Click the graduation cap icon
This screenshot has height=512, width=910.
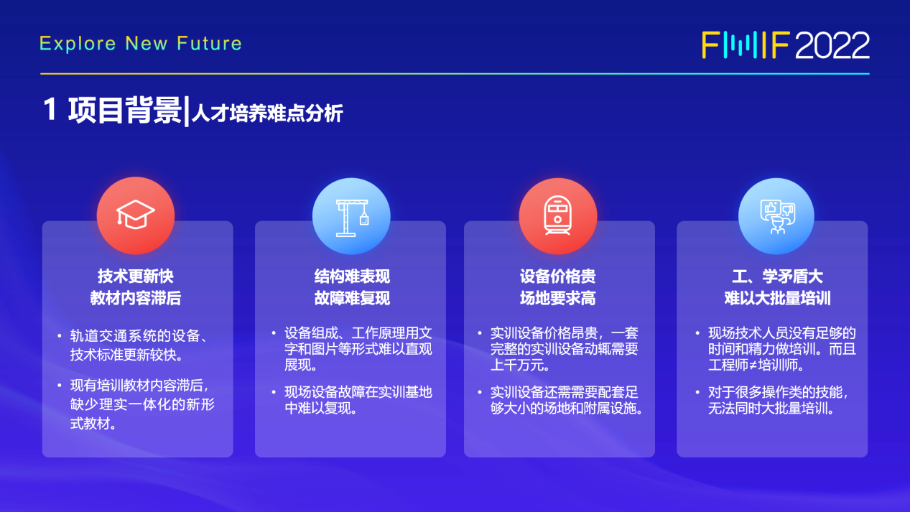pyautogui.click(x=136, y=215)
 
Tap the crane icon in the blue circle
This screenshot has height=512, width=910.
pyautogui.click(x=352, y=218)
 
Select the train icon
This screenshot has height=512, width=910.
pyautogui.click(x=558, y=215)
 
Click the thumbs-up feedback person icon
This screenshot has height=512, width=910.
pyautogui.click(x=778, y=217)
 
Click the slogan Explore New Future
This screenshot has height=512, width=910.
pyautogui.click(x=141, y=44)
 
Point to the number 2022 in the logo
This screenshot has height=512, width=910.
pyautogui.click(x=832, y=45)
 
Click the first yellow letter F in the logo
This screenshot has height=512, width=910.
pyautogui.click(x=710, y=45)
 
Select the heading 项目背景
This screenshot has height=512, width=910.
pyautogui.click(x=125, y=110)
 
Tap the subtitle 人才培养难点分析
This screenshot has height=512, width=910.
pyautogui.click(x=267, y=113)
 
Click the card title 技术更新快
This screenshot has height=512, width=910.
pyautogui.click(x=136, y=276)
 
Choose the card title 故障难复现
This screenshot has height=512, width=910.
pyautogui.click(x=352, y=298)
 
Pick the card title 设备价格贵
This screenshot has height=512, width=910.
pyautogui.click(x=558, y=276)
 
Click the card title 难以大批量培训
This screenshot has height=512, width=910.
pyautogui.click(x=778, y=298)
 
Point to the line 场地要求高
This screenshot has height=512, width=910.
pyautogui.click(x=558, y=298)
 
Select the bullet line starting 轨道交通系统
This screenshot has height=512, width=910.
pyautogui.click(x=139, y=336)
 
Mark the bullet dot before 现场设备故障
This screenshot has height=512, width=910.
pyautogui.click(x=274, y=392)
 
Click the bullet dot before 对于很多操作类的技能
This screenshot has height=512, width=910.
pyautogui.click(x=697, y=392)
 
